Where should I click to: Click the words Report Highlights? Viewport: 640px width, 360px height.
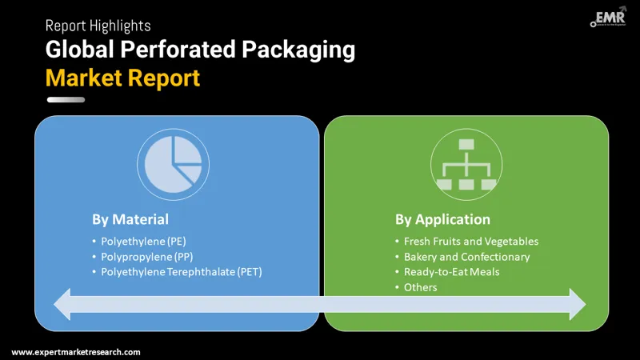(x=98, y=26)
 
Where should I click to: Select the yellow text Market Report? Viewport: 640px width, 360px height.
(x=122, y=78)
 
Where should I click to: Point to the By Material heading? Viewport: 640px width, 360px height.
(x=130, y=219)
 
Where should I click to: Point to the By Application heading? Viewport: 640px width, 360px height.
(x=442, y=219)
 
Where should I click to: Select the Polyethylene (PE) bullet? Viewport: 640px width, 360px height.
(x=143, y=241)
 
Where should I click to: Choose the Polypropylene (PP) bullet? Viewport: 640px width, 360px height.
(x=146, y=257)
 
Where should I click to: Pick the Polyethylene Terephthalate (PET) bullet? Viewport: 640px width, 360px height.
(x=182, y=272)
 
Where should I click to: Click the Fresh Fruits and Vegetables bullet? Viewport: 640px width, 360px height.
(x=471, y=241)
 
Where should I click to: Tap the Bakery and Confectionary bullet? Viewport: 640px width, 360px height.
(x=466, y=257)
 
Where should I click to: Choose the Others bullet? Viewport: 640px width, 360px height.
(x=421, y=287)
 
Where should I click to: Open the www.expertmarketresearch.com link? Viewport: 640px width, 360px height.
(x=76, y=352)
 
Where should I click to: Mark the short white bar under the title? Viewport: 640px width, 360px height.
(x=66, y=100)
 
